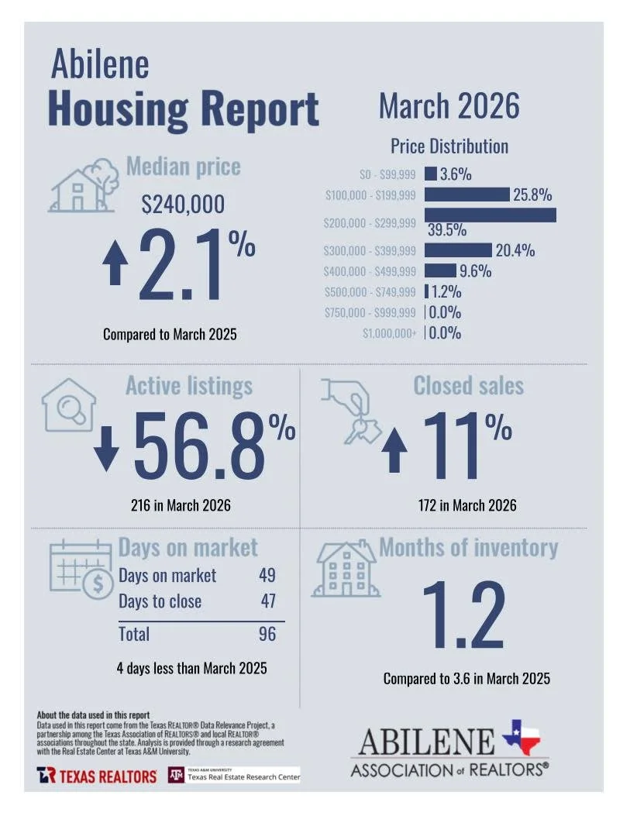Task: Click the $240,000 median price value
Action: click(x=183, y=204)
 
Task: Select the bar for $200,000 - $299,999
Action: click(x=490, y=215)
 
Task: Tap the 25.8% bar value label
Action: click(x=533, y=195)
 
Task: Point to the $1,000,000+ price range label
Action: click(x=389, y=333)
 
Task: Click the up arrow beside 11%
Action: click(x=395, y=453)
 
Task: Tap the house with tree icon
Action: click(x=80, y=186)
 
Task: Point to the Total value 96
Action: click(x=267, y=634)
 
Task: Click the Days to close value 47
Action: click(x=267, y=601)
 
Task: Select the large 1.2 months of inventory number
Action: click(x=463, y=616)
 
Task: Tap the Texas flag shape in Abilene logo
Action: click(x=522, y=736)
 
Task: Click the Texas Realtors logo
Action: click(x=96, y=776)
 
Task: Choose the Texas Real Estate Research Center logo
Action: click(x=234, y=776)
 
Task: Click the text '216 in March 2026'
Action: click(x=181, y=506)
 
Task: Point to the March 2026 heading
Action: click(x=449, y=106)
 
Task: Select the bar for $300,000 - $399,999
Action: click(x=458, y=250)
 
